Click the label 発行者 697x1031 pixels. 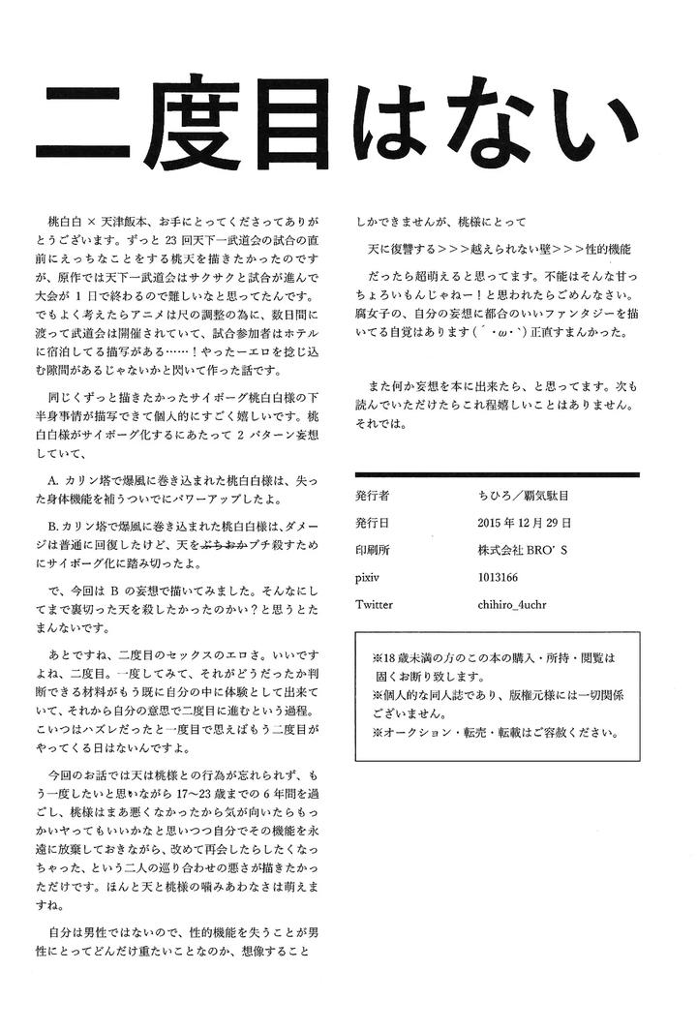pos(373,495)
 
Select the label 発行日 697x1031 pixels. pos(373,522)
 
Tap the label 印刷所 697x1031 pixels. pos(373,549)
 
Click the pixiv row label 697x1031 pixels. pos(369,576)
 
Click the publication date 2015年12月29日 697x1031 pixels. pos(524,522)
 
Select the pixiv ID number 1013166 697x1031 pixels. pos(500,576)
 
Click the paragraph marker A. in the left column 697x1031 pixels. pos(53,479)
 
